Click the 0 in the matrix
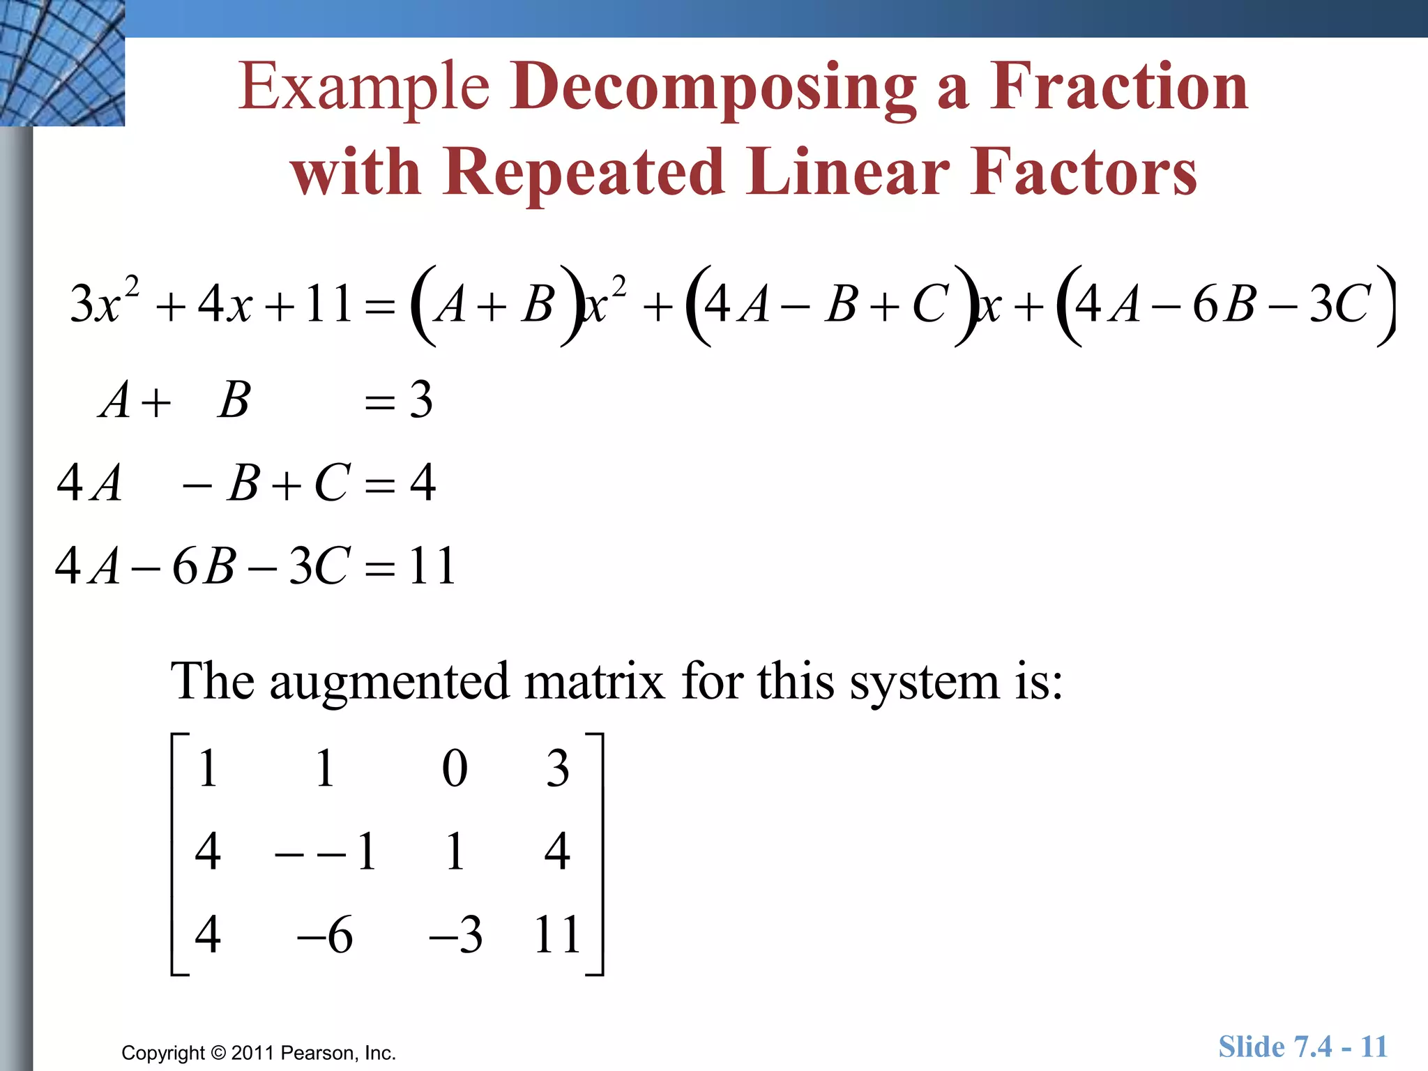455,769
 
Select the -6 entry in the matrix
325,934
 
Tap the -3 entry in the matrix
455,934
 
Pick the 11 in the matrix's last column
557,934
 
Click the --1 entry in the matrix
326,851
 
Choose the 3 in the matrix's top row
557,769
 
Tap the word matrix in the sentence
594,681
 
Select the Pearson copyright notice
259,1053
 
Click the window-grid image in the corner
62,63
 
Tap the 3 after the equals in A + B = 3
420,400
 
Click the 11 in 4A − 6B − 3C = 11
432,565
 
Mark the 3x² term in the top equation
105,303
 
